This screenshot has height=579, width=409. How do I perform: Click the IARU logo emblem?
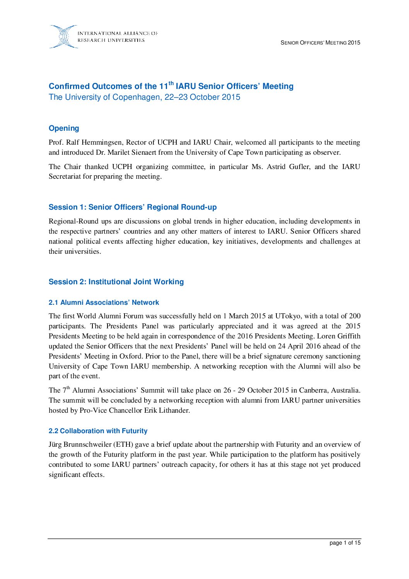tap(63, 37)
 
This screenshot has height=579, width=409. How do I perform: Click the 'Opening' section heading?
tap(64, 128)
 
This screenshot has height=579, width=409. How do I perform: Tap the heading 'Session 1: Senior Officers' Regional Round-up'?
tap(133, 207)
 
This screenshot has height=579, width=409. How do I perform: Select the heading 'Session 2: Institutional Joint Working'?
tap(116, 282)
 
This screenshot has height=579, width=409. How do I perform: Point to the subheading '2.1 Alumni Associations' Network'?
tap(104, 303)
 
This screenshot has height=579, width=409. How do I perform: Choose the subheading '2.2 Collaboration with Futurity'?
tap(98, 431)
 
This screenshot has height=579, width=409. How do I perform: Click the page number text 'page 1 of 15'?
tap(345, 543)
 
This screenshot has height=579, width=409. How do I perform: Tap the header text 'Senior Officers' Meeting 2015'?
tap(320, 43)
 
